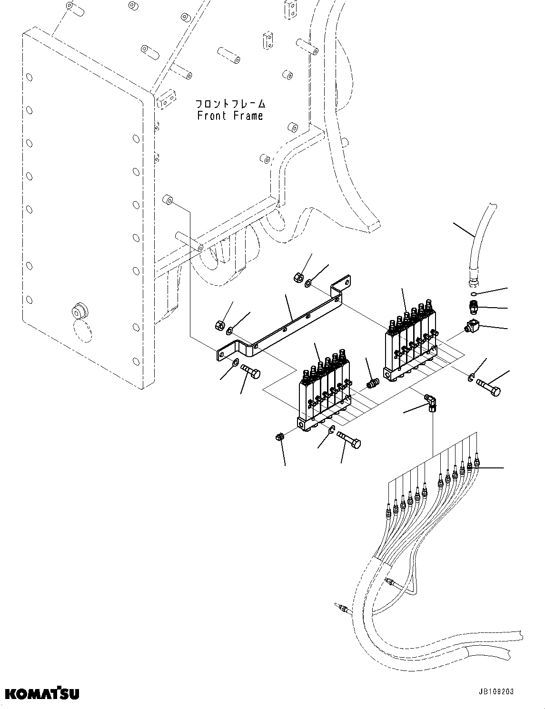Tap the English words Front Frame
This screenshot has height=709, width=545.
[x=230, y=116]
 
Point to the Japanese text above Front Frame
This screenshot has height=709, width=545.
[x=230, y=104]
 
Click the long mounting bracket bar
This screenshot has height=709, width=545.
[x=286, y=323]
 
